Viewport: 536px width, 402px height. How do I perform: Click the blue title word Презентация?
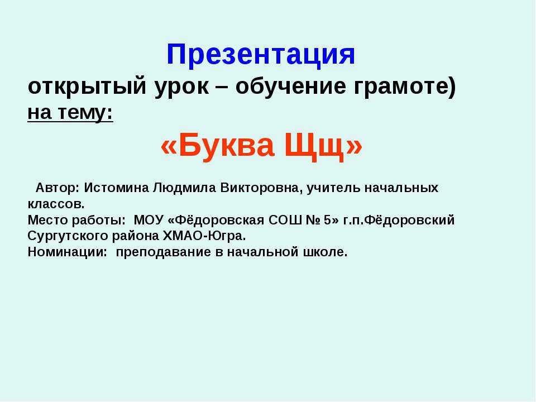(x=261, y=55)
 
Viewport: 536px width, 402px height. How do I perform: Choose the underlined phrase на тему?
(x=70, y=113)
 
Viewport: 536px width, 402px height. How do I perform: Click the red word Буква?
(x=218, y=146)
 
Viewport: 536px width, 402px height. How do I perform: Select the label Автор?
(x=58, y=188)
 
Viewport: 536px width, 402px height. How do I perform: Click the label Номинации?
(x=68, y=252)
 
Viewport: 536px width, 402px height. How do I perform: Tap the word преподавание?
(x=163, y=252)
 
